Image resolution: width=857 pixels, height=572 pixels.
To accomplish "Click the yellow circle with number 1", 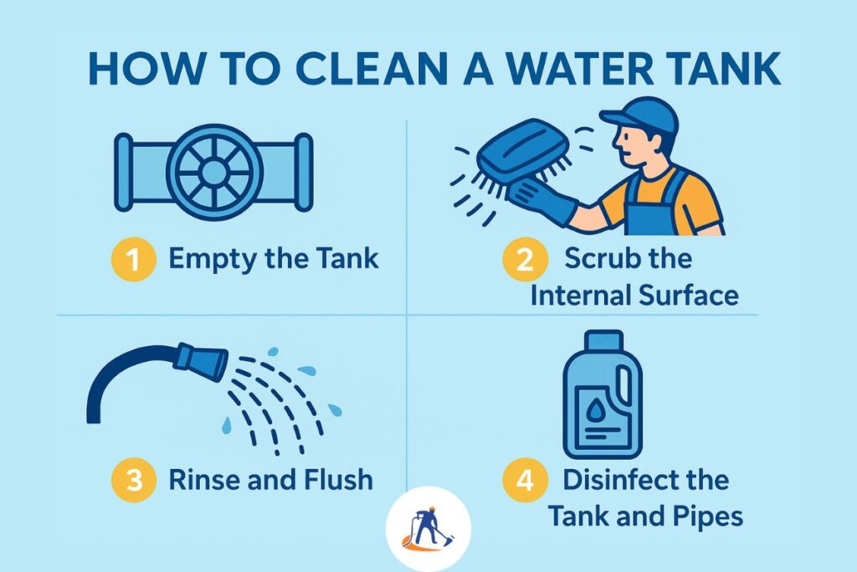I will click(x=135, y=260).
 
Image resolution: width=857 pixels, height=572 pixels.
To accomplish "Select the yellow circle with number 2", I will click(x=525, y=260).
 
